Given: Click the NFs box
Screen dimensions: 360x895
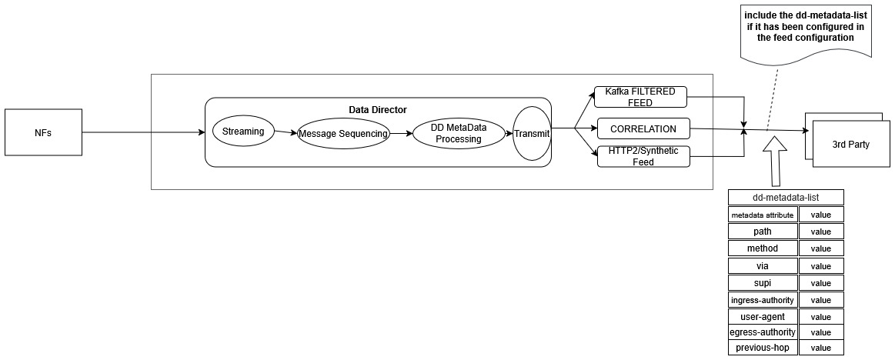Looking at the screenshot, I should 43,132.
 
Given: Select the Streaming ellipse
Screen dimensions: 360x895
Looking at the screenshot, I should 243,132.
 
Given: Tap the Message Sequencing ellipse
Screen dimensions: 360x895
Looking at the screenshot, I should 342,134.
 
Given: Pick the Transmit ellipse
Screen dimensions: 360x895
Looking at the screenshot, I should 533,134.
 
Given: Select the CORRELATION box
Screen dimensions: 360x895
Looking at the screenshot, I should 643,129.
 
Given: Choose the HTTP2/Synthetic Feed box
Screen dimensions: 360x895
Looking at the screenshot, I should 643,156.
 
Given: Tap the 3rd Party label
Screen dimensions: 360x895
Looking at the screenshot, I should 851,145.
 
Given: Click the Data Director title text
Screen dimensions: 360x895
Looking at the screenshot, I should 378,111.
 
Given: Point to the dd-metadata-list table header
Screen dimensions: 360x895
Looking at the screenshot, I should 786,197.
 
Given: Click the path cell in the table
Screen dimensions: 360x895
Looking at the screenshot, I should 763,232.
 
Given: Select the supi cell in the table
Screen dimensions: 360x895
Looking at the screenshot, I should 763,282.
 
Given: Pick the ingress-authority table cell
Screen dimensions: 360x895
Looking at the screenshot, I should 763,299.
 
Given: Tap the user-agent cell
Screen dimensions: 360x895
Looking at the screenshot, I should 763,316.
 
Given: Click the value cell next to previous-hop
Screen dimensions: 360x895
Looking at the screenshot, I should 820,348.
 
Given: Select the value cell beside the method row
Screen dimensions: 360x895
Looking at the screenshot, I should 820,248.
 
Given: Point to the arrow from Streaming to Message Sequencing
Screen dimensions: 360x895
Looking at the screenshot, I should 286,132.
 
